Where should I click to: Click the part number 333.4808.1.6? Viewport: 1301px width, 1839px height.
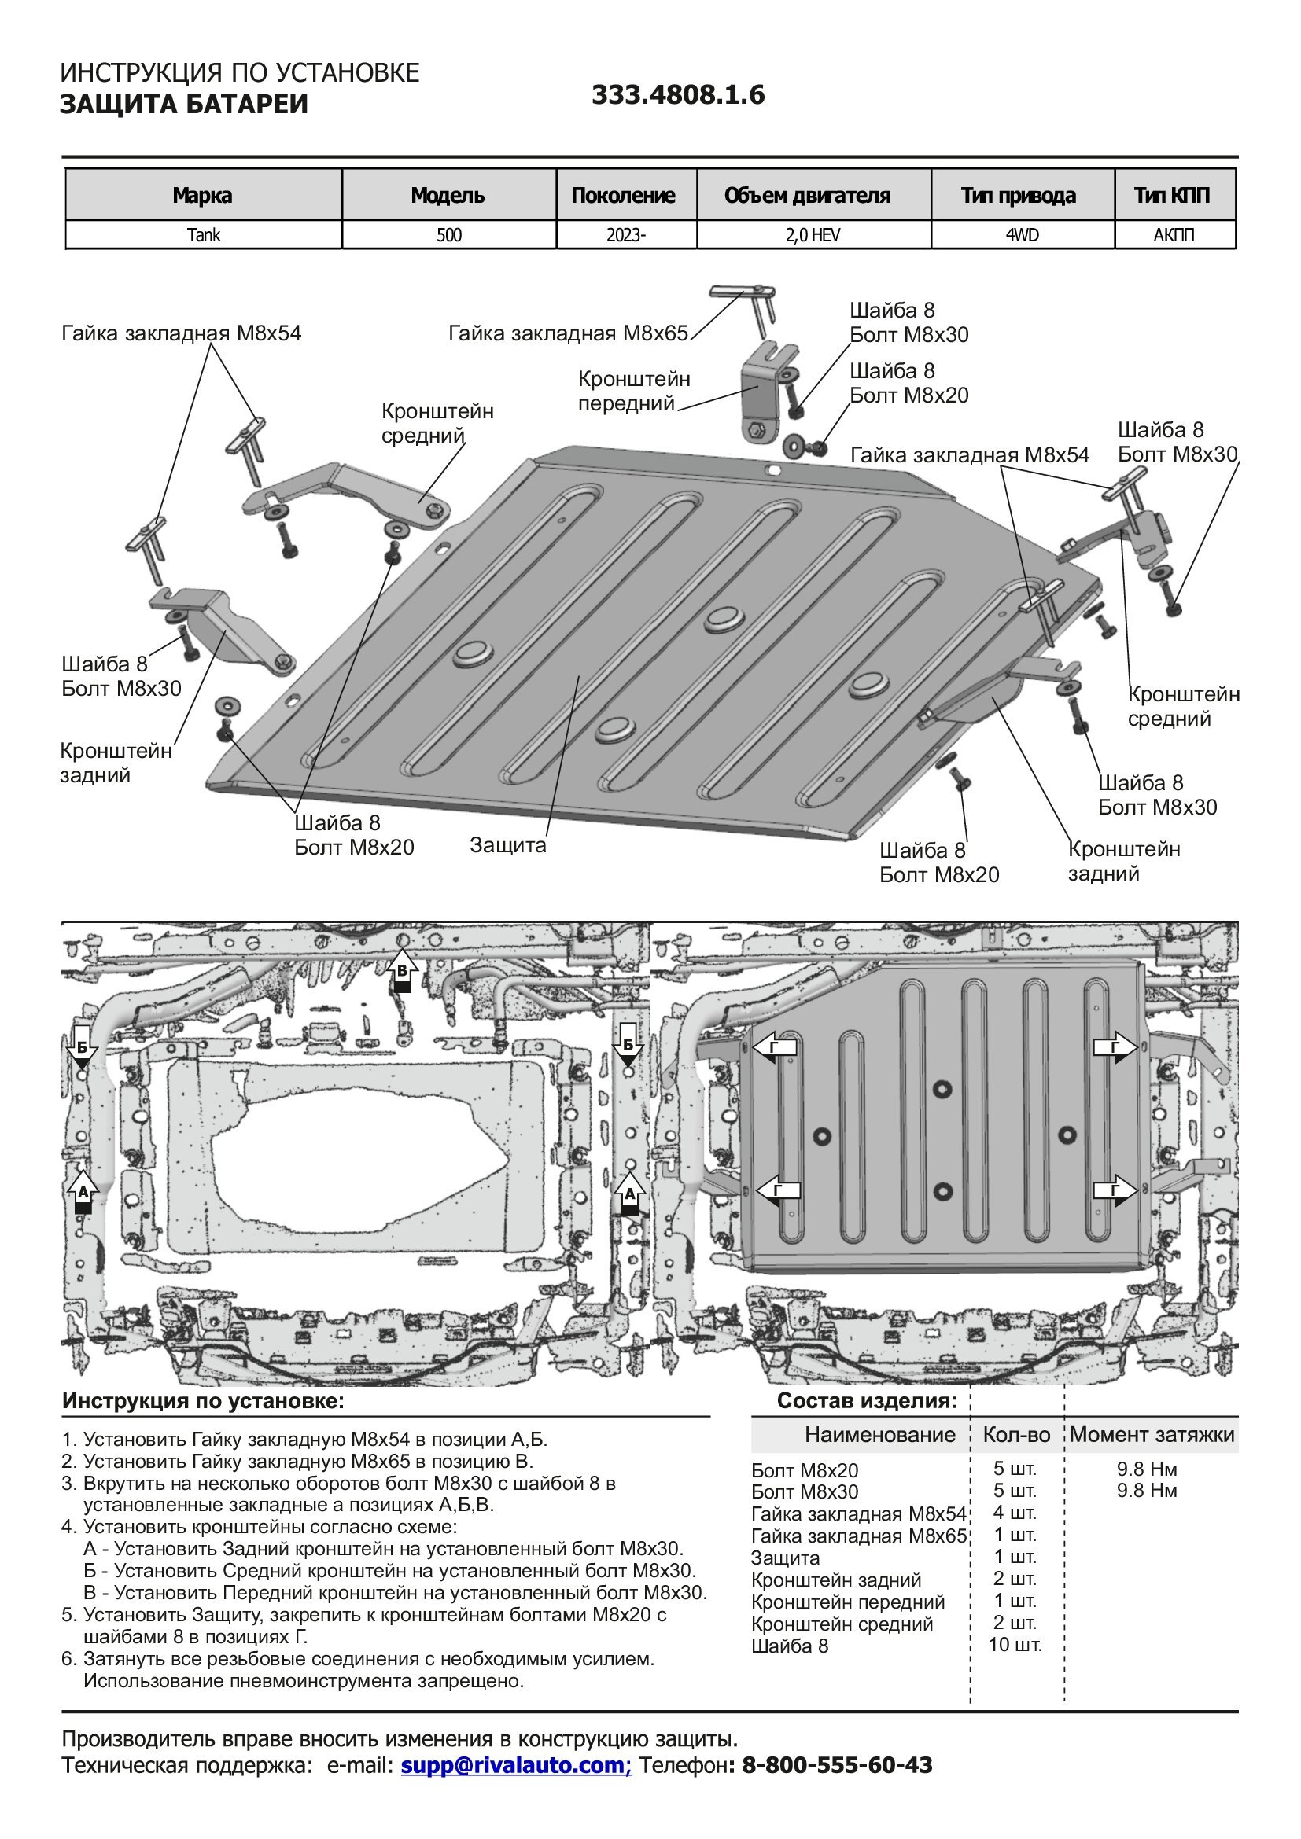click(x=678, y=95)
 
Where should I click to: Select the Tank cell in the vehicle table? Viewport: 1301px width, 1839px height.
click(x=204, y=236)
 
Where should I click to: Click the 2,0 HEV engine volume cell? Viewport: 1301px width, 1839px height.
click(x=813, y=236)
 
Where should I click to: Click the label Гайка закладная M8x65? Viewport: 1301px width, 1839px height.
click(x=568, y=333)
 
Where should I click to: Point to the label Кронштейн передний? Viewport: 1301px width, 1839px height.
click(x=634, y=391)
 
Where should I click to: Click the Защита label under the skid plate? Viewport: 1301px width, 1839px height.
click(x=508, y=845)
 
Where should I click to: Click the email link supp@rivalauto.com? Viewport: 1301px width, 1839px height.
click(x=516, y=1764)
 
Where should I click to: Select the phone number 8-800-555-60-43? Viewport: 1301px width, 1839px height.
click(x=837, y=1764)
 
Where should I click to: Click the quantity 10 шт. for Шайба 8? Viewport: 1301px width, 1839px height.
click(x=1015, y=1645)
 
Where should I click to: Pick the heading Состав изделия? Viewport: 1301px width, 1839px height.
click(x=867, y=1401)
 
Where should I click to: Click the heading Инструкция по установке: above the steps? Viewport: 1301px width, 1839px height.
click(x=204, y=1401)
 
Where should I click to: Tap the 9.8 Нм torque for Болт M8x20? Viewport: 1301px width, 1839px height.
click(x=1146, y=1469)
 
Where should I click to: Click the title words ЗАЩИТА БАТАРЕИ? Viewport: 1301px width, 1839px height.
click(x=183, y=105)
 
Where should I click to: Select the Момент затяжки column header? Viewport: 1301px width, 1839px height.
click(x=1152, y=1435)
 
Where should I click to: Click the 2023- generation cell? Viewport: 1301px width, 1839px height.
click(x=625, y=236)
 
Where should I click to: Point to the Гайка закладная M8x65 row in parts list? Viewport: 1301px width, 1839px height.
click(x=859, y=1536)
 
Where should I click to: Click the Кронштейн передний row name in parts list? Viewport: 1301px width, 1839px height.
click(x=848, y=1602)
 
